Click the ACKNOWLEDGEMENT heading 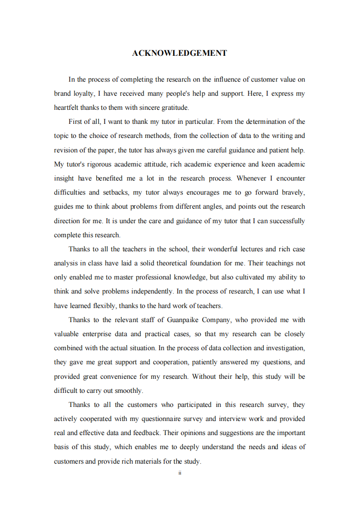179,54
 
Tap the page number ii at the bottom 180,473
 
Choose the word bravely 291,192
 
